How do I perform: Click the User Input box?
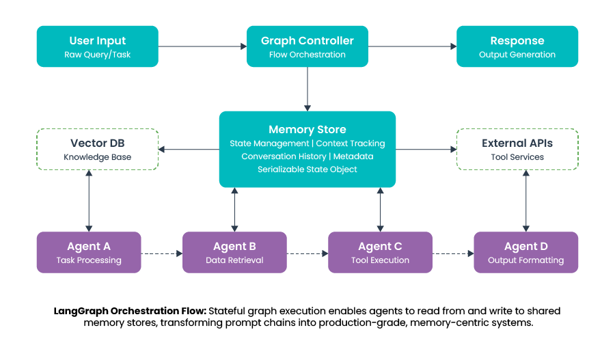97,46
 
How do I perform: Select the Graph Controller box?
307,46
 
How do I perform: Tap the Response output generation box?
517,46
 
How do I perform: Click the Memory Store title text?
307,129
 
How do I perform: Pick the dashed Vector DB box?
97,150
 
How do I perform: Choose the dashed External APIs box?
517,150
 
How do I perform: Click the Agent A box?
89,253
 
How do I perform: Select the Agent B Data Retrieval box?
234,253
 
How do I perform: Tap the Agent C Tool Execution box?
380,253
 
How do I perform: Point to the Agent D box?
525,253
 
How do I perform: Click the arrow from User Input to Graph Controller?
202,46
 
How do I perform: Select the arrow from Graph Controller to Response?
412,46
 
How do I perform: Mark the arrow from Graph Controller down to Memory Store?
307,89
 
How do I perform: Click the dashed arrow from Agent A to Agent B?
162,253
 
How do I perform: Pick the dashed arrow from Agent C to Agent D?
453,253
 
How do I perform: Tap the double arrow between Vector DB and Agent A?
89,201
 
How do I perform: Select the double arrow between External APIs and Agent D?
525,201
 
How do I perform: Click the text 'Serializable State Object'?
307,169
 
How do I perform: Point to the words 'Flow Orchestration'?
307,55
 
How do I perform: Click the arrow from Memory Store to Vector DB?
189,149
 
